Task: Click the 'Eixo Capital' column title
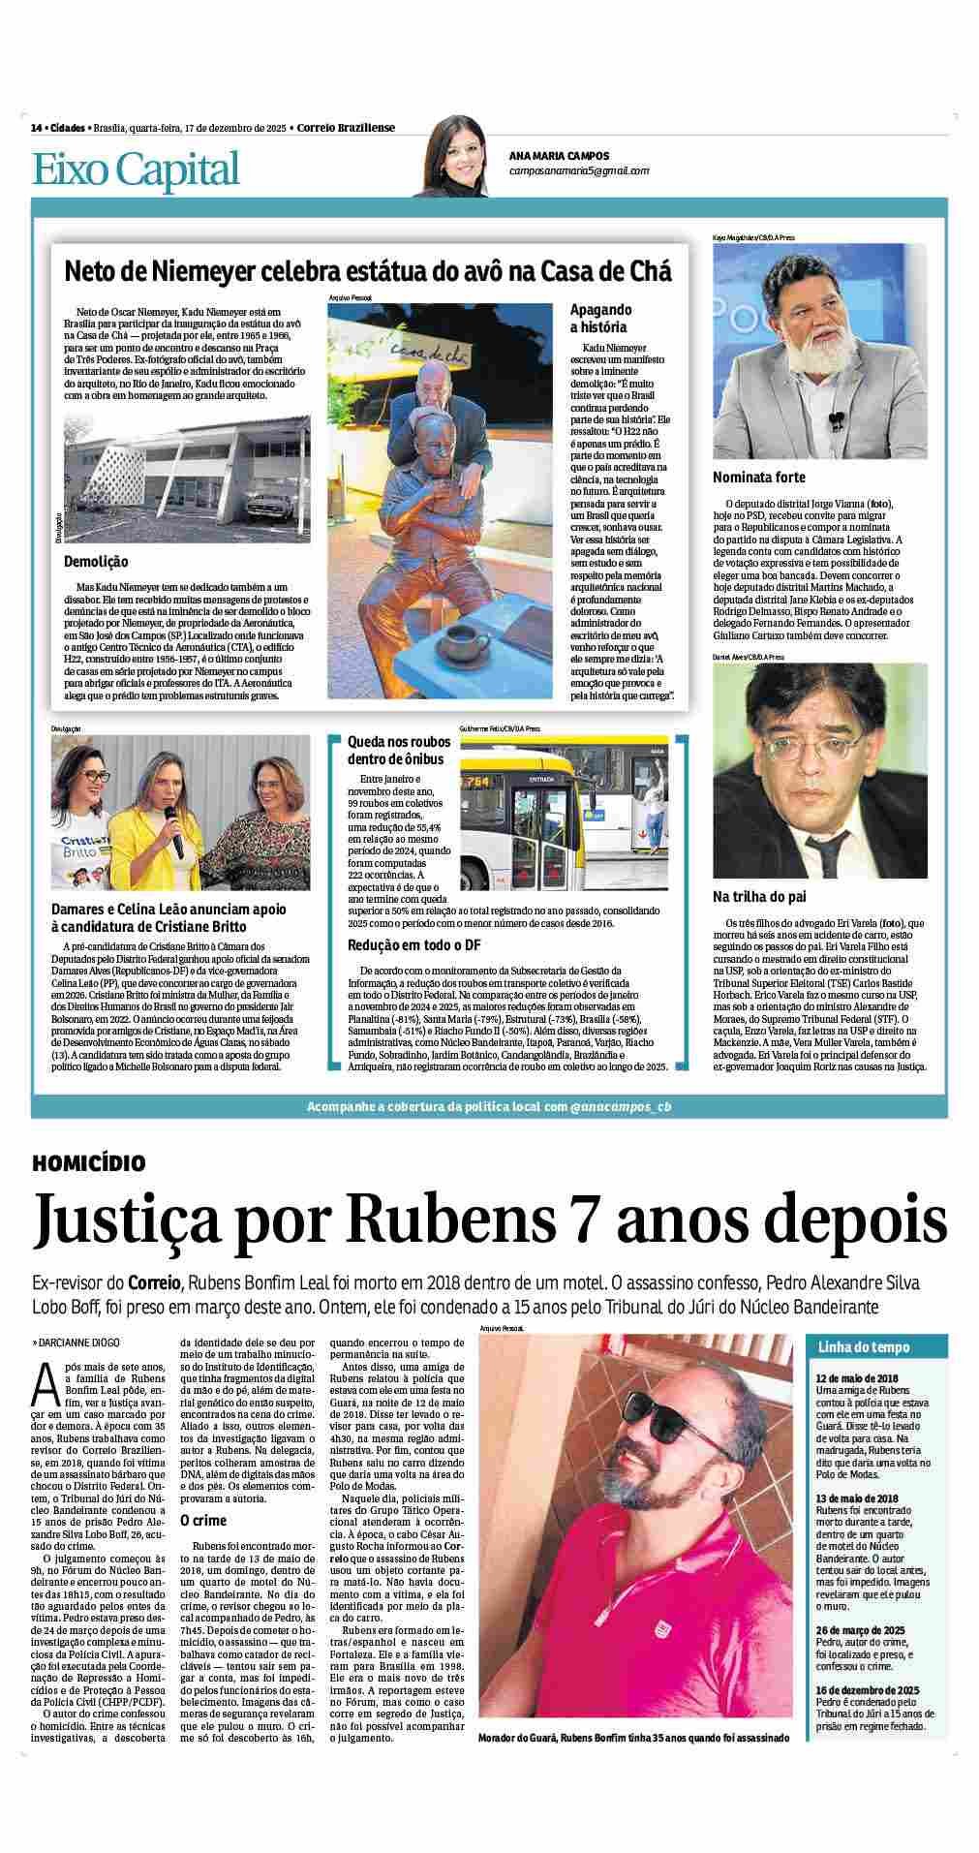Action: [136, 170]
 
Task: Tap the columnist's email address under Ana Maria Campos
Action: [579, 170]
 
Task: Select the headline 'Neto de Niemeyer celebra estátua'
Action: [367, 269]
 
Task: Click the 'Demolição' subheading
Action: [96, 562]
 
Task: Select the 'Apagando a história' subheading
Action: [600, 319]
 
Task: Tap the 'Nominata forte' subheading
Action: [758, 478]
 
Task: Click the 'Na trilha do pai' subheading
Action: [759, 897]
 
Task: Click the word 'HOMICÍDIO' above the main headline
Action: [88, 1162]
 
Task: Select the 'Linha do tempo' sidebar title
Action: [850, 1347]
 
